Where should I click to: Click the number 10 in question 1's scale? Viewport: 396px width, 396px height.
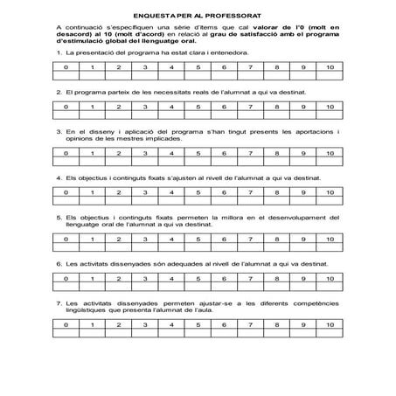tap(328, 67)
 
